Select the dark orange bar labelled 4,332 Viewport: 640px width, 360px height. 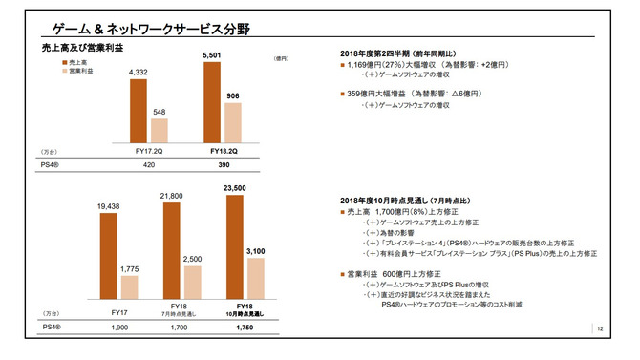pos(139,111)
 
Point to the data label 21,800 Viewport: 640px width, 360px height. pos(171,196)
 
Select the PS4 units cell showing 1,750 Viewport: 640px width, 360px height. pos(245,327)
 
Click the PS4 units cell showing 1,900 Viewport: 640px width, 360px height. pos(119,327)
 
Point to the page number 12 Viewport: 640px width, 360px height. pos(600,329)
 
